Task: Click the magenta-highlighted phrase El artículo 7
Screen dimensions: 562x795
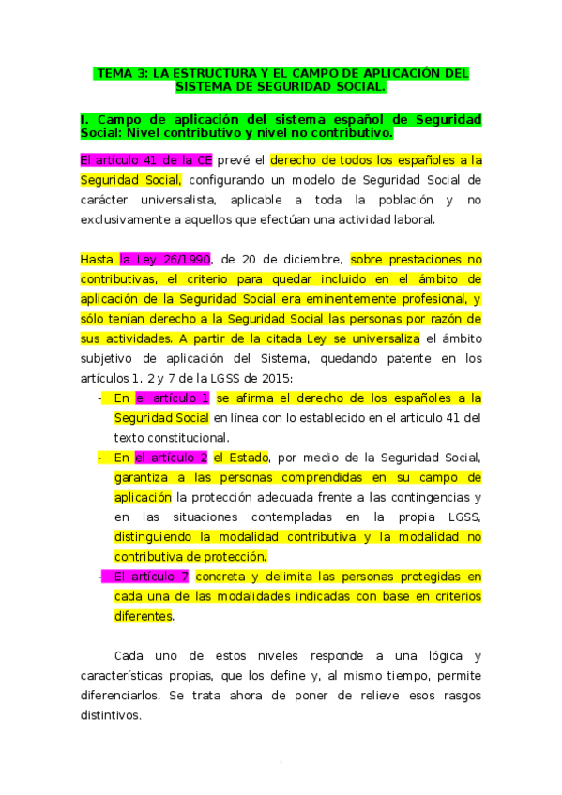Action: click(152, 576)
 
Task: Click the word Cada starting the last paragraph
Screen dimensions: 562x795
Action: click(129, 654)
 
